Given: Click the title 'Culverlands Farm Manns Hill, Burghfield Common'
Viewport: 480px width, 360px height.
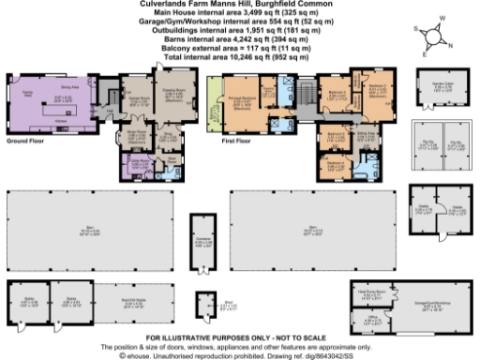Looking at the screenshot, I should pyautogui.click(x=240, y=4).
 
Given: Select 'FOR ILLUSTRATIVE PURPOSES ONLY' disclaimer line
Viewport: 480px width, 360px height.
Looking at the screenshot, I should pyautogui.click(x=238, y=336).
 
